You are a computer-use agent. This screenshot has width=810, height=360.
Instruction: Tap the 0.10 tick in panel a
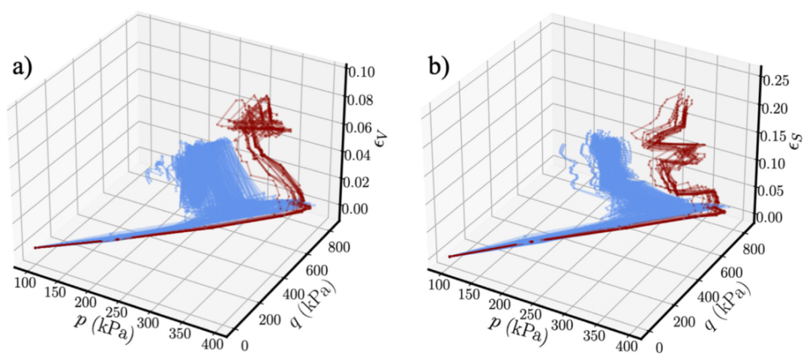[x=361, y=72]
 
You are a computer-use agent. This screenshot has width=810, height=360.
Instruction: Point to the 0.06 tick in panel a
[x=361, y=127]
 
